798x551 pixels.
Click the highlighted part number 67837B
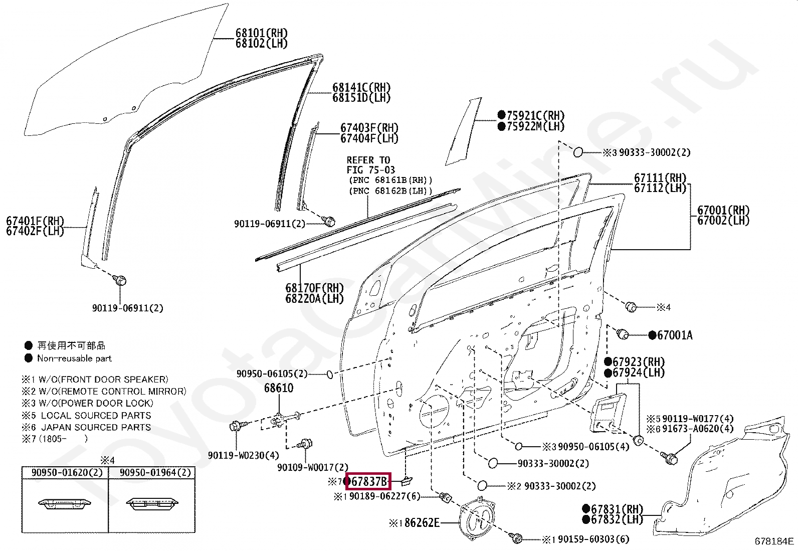tap(368, 482)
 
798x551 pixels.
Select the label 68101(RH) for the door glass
tap(261, 33)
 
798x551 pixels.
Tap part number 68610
tap(279, 388)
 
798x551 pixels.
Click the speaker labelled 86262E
tap(477, 519)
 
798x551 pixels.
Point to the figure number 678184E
tap(774, 541)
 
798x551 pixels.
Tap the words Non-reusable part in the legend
tap(74, 358)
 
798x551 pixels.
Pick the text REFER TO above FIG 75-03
tap(368, 160)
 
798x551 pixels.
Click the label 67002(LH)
tap(723, 221)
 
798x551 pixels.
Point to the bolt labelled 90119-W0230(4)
tap(236, 427)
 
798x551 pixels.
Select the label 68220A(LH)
tap(314, 299)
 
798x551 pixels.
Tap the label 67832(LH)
tap(616, 520)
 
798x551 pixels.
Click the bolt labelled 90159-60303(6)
tap(516, 538)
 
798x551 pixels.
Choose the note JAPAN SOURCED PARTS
tap(96, 427)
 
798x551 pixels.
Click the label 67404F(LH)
tap(369, 139)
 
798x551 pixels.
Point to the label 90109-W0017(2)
tap(312, 467)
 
